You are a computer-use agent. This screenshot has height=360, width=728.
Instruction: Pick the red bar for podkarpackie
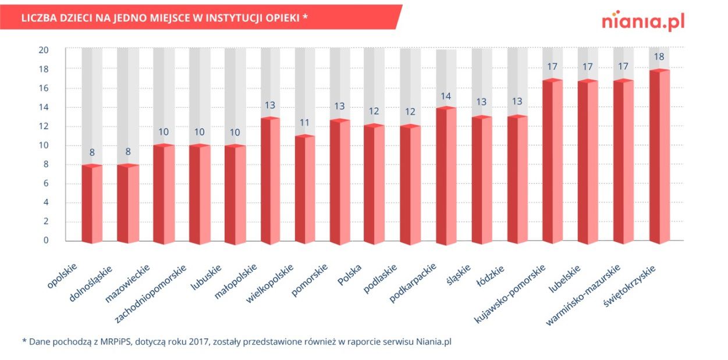click(446, 176)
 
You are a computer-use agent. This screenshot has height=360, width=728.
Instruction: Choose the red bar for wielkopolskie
click(304, 190)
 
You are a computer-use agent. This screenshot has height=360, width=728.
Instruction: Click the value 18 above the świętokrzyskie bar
click(659, 57)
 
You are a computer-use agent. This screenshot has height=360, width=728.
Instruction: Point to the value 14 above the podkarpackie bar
click(445, 96)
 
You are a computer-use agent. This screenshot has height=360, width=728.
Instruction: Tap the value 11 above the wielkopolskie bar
click(304, 123)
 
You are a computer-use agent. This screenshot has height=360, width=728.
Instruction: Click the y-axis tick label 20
click(44, 50)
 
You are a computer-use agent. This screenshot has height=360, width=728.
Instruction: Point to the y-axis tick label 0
click(46, 240)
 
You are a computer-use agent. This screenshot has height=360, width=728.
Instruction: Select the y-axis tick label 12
click(44, 126)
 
